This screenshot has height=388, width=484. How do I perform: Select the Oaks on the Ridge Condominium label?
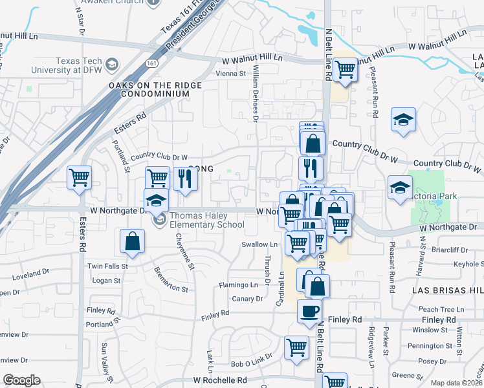pos(149,89)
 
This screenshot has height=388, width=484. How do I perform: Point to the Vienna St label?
pos(234,74)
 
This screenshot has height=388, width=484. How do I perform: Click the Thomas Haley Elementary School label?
pos(207,221)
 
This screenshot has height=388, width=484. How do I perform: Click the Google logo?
pos(21,380)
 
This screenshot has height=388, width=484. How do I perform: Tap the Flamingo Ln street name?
pos(238,285)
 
